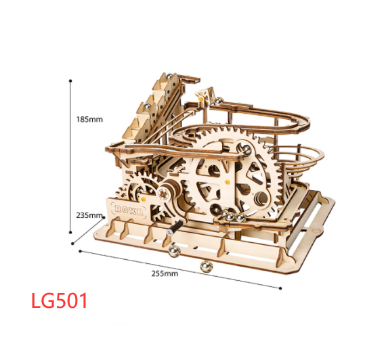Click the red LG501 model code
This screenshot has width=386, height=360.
click(60, 300)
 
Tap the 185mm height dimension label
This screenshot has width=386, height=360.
click(89, 119)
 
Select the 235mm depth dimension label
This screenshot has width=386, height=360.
click(89, 215)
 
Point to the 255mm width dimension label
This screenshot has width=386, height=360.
click(165, 273)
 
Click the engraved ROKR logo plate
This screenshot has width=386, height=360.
click(129, 210)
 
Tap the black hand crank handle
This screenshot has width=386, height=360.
click(174, 227)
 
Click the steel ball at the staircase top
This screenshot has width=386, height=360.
click(169, 76)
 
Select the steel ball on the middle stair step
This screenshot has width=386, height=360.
click(148, 106)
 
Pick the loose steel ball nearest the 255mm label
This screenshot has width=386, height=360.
click(206, 267)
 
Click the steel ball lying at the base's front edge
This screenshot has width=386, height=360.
click(174, 251)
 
